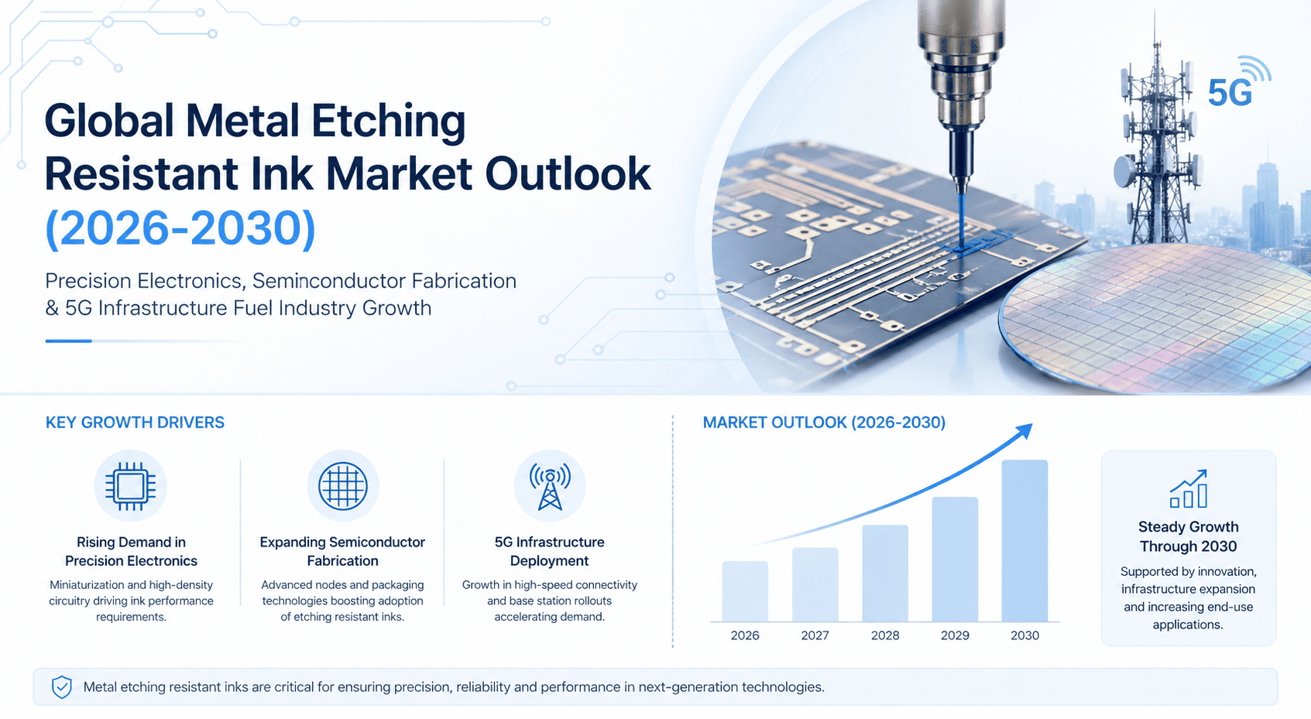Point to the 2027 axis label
pos(815,635)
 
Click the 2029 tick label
pos(955,635)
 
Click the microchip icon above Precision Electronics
pos(130,486)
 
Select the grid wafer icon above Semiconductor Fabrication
pos(342,486)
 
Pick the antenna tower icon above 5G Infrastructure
pos(550,486)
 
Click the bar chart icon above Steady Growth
pos(1189,489)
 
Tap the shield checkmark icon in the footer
pos(62,686)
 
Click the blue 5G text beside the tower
pos(1230,94)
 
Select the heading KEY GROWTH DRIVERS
pos(135,423)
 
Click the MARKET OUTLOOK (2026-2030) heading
pos(824,423)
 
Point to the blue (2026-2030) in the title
pos(180,228)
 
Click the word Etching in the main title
pos(388,122)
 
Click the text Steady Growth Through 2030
pos(1189,536)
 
